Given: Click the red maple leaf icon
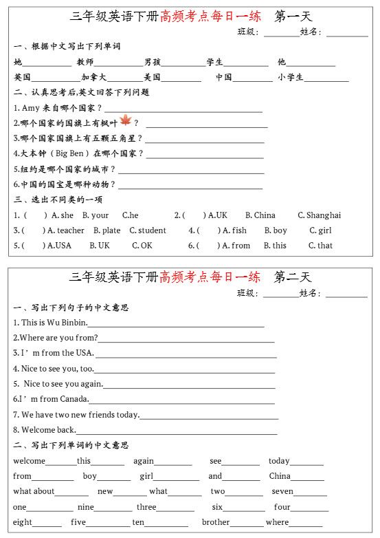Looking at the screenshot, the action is pyautogui.click(x=126, y=121).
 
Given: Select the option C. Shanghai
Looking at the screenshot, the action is pyautogui.click(x=319, y=215).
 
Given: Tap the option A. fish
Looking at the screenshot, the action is pyautogui.click(x=234, y=230).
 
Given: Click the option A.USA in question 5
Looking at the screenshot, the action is pyautogui.click(x=58, y=246).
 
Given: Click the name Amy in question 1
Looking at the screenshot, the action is pyautogui.click(x=31, y=108).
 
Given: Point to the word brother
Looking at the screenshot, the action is pyautogui.click(x=216, y=522).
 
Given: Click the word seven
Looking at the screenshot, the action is pyautogui.click(x=282, y=492).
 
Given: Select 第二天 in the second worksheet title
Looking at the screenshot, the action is pyautogui.click(x=293, y=277).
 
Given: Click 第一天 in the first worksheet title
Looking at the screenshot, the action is pyautogui.click(x=293, y=16).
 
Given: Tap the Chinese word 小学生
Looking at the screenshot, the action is pyautogui.click(x=291, y=78).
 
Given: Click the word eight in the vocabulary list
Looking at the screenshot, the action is pyautogui.click(x=23, y=522).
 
